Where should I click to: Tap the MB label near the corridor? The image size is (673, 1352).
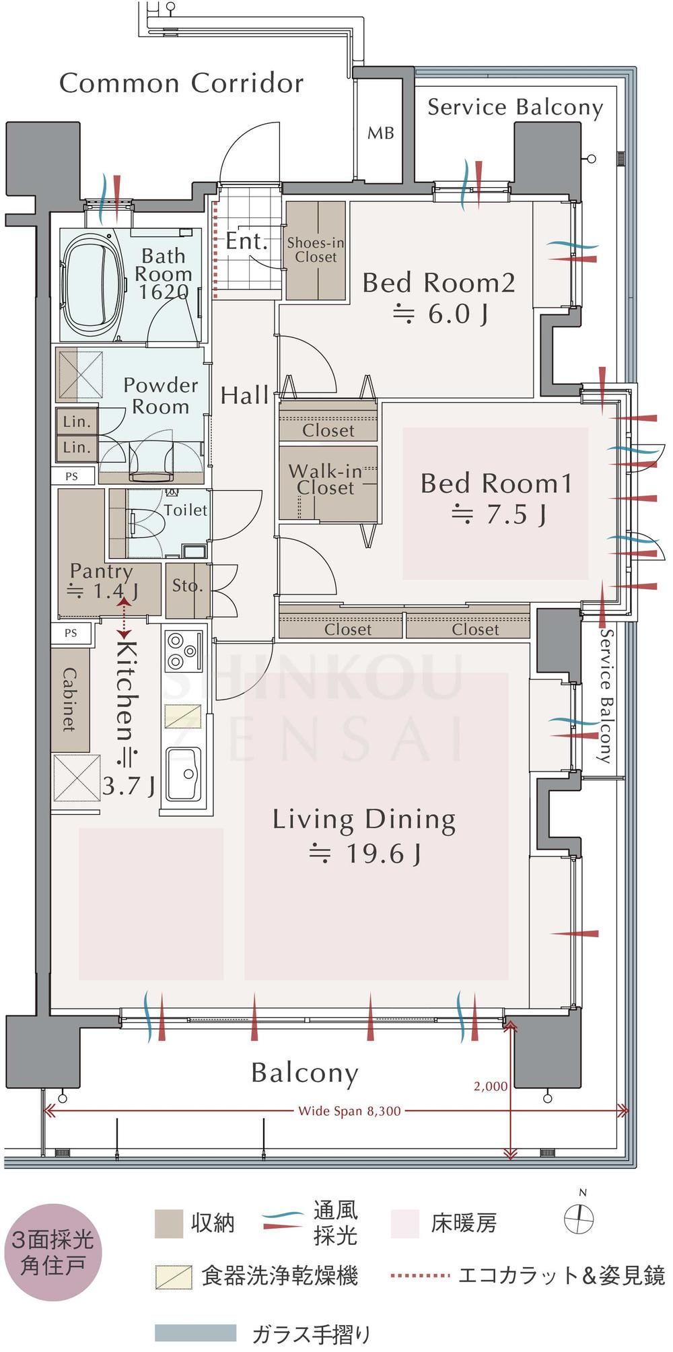pos(381,133)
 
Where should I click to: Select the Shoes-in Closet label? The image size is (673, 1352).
pos(316,250)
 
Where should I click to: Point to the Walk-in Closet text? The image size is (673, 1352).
pos(326,479)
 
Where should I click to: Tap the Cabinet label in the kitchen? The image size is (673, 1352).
pos(69,700)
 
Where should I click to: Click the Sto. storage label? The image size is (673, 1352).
pos(187,586)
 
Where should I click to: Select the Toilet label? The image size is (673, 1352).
pos(186,510)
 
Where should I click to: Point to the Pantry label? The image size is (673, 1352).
pos(101,572)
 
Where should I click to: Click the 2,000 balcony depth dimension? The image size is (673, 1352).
pos(491,1086)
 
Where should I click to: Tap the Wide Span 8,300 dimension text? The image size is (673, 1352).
pos(349,1111)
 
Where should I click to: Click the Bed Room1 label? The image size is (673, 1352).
pos(497,483)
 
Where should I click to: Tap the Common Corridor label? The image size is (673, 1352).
pos(182,83)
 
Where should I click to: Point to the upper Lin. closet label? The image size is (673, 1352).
pos(77,422)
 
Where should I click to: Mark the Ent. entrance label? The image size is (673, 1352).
pos(246,240)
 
